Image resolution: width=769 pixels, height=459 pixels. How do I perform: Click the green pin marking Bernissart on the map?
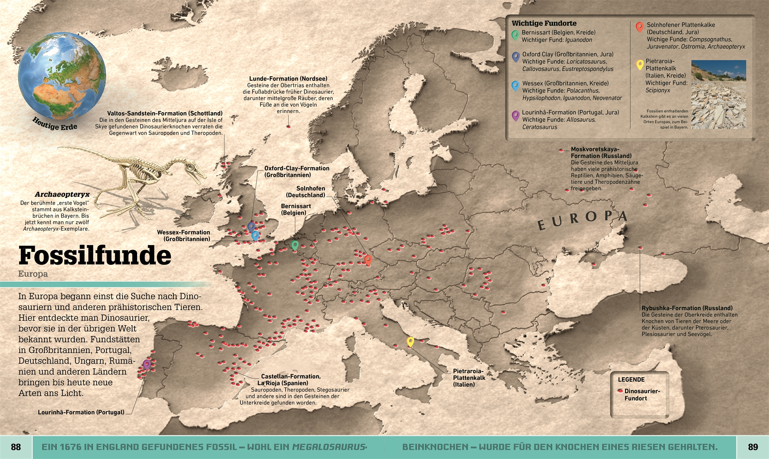[x=295, y=245]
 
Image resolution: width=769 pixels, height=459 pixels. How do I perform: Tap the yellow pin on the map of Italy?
[x=410, y=341]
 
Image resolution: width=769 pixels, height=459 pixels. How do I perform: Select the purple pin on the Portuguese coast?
[x=146, y=364]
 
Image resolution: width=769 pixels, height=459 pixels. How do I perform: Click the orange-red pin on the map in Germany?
[x=368, y=259]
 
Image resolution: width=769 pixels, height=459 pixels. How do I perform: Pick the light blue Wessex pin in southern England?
[x=255, y=235]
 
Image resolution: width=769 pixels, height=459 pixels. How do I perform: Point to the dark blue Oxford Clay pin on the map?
[x=252, y=226]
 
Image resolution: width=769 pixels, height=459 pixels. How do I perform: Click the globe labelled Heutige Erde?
[x=62, y=76]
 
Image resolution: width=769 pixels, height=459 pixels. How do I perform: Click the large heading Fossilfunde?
[x=95, y=255]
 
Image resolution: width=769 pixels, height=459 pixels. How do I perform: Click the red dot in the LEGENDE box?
[x=620, y=391]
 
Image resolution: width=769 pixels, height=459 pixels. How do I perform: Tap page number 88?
[x=16, y=447]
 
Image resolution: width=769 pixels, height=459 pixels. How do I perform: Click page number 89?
[x=753, y=447]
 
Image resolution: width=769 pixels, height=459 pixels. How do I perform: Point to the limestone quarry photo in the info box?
[x=718, y=94]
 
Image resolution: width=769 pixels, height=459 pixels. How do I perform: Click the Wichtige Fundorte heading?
[x=544, y=23]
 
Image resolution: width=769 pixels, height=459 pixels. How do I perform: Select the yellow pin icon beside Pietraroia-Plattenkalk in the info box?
[x=639, y=65]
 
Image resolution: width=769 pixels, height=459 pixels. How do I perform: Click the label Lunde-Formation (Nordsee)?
[x=288, y=79]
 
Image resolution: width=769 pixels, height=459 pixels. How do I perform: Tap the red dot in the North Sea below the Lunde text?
[x=288, y=127]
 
